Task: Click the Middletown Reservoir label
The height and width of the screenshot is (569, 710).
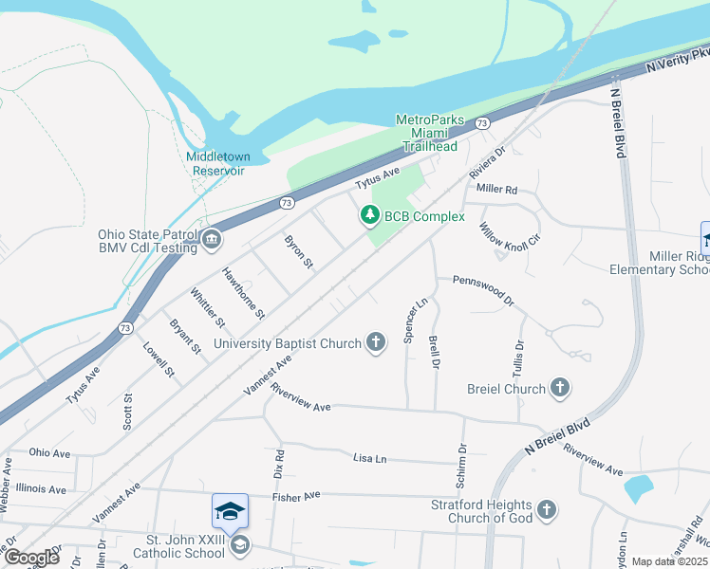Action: coord(215,163)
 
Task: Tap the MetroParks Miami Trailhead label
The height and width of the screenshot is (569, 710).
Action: coord(429,134)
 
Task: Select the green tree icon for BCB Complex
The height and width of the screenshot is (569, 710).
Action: coord(369,216)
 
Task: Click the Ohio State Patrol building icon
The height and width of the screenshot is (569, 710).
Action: coord(211,241)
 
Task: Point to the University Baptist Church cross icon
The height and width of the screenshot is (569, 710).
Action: coord(376,342)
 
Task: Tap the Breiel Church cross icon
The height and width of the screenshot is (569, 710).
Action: coord(560,388)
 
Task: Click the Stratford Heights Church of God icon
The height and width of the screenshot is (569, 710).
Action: coord(546,510)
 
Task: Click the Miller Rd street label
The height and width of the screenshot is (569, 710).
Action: coord(496,189)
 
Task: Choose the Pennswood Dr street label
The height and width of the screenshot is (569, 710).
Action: coord(483,291)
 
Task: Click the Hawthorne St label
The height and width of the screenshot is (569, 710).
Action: coord(243,291)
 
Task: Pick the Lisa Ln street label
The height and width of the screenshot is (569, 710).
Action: coord(369,459)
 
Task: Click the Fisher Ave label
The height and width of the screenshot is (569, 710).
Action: coord(299,496)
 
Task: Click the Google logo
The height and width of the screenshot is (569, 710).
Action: coord(30,557)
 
